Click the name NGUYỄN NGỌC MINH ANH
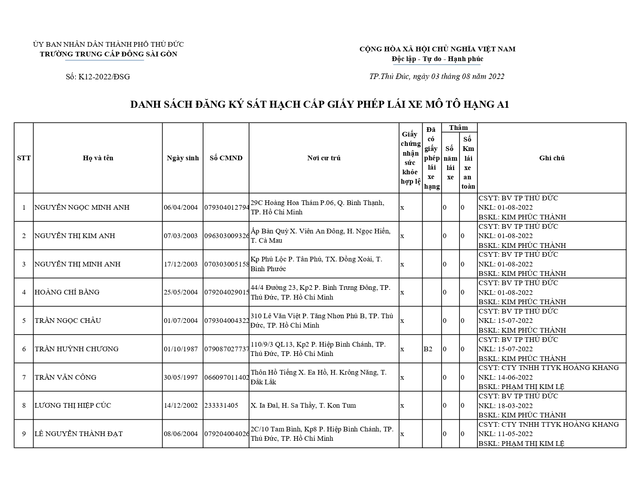click(x=82, y=207)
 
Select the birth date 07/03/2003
click(x=181, y=236)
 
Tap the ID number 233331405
click(x=221, y=405)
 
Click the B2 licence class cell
click(x=428, y=349)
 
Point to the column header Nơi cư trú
click(x=324, y=158)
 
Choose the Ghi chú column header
click(x=551, y=158)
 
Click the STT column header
click(x=24, y=158)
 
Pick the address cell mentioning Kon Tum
click(x=303, y=405)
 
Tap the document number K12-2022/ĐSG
click(x=98, y=77)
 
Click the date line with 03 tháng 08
click(x=437, y=76)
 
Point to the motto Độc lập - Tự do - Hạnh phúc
click(x=437, y=59)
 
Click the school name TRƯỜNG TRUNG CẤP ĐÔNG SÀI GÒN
click(x=108, y=54)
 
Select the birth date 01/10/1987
click(x=181, y=349)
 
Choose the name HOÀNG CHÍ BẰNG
click(x=67, y=292)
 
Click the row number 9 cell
click(x=24, y=434)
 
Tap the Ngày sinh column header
click(x=182, y=158)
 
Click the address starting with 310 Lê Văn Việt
click(x=322, y=321)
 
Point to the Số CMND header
click(x=226, y=158)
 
